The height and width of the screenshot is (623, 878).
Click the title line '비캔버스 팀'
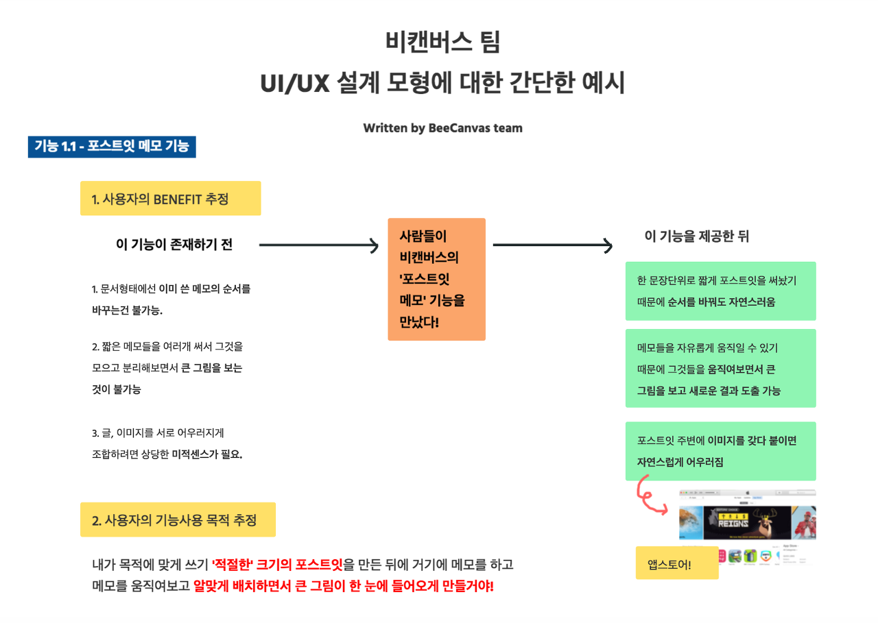tap(442, 42)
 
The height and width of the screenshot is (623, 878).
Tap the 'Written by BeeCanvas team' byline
tap(442, 128)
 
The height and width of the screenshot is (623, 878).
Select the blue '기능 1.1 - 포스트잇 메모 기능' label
tap(112, 147)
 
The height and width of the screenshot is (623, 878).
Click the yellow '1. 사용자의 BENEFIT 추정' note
tap(170, 199)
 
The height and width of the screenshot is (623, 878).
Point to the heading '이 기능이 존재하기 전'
tap(174, 245)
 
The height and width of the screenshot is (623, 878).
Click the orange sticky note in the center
tap(436, 279)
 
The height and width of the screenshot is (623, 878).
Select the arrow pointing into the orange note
tap(319, 245)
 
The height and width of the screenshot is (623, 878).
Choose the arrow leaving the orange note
tap(552, 245)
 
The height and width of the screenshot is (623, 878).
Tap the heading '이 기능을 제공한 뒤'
tap(696, 236)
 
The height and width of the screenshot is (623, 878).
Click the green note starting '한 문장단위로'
tap(720, 291)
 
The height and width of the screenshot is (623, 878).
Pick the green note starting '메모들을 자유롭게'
tap(720, 369)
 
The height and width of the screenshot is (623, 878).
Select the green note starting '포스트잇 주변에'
tap(720, 451)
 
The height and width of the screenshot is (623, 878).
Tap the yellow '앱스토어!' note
tap(676, 563)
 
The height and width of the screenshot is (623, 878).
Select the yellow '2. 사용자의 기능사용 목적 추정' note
tap(178, 520)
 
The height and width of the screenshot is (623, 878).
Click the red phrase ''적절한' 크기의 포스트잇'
tap(277, 565)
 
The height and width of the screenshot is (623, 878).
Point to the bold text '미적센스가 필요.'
tap(207, 454)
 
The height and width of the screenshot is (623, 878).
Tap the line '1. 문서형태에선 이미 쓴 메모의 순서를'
tap(171, 289)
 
